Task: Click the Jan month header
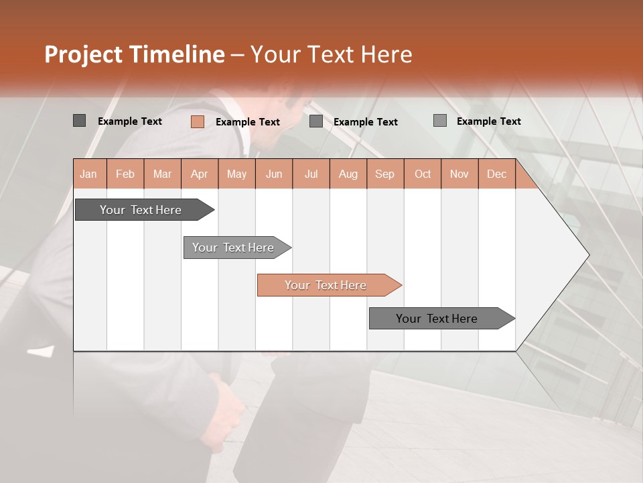[88, 174]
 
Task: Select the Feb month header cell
[125, 174]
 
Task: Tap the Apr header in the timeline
[199, 174]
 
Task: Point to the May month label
[236, 174]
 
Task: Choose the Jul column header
[311, 174]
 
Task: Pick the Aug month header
[348, 174]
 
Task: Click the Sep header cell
[384, 174]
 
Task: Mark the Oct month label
[423, 174]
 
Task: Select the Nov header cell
[459, 174]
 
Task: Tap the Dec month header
[496, 174]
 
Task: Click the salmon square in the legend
[197, 121]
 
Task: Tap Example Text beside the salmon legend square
[247, 122]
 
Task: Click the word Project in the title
[83, 54]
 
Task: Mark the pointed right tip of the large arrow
[588, 255]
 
